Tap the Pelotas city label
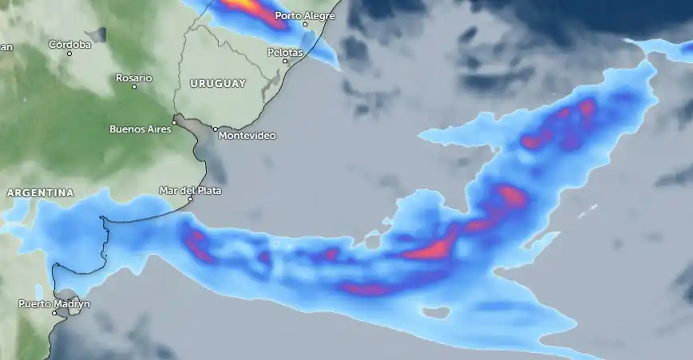click(285, 52)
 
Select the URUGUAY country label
click(218, 83)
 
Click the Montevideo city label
click(247, 136)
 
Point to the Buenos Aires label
click(140, 129)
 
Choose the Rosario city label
click(133, 77)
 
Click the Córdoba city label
click(70, 44)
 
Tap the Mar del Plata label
click(190, 190)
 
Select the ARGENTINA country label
click(40, 193)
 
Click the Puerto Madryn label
click(54, 304)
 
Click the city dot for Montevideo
click(215, 129)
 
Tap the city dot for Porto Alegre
click(305, 25)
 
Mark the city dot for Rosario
click(134, 86)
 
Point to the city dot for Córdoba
click(69, 53)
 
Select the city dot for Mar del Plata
click(190, 199)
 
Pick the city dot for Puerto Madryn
click(54, 313)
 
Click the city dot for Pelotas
click(286, 61)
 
